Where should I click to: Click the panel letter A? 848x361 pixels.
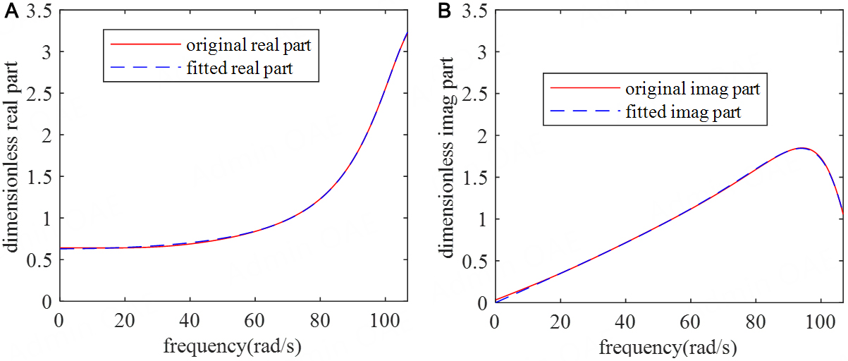9,12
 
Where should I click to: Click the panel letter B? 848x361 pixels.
445,12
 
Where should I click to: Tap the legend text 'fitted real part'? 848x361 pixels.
242,68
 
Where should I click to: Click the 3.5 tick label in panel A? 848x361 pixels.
41,11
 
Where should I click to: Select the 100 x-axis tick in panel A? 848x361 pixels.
385,318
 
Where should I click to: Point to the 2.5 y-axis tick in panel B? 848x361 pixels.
477,94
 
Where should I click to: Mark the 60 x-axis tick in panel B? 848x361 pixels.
691,318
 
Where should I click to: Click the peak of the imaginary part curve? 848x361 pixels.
801,148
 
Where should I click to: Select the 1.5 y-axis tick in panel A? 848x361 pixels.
41,177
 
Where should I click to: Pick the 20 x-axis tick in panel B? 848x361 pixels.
560,318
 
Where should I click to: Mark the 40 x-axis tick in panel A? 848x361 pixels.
189,318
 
